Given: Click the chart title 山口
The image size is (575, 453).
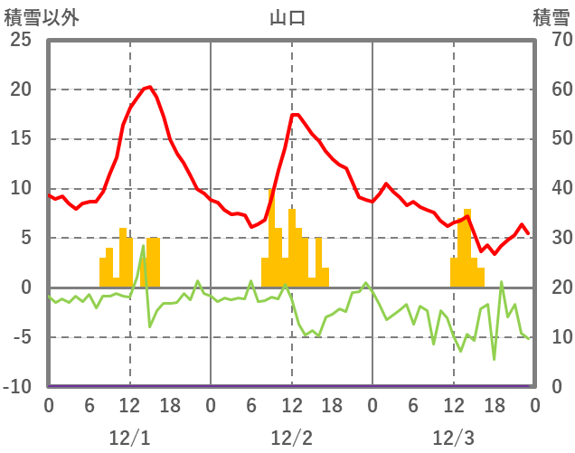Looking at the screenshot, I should (287, 17).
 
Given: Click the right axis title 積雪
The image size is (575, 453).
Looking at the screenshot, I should (551, 17).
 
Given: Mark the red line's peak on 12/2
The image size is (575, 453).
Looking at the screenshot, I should (293, 114).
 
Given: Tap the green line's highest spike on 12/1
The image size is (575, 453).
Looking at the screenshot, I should (143, 246).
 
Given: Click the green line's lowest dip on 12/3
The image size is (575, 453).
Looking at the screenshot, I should (494, 359).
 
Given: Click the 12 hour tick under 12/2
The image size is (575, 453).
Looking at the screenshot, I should (291, 404).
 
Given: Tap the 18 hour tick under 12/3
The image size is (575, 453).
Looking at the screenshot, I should (494, 404).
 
